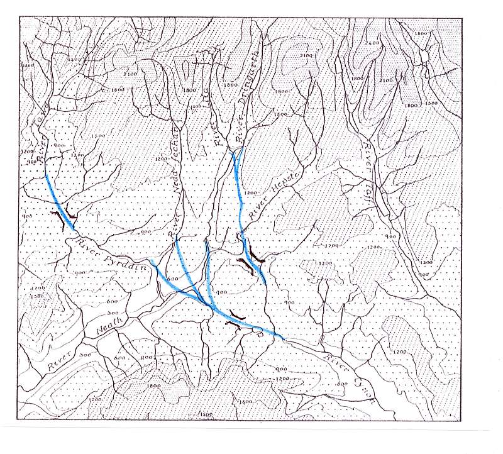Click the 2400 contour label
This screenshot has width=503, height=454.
[374, 42]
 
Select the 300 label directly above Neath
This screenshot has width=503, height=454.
[113, 313]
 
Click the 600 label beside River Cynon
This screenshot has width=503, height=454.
[341, 384]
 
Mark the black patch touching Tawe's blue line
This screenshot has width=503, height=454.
[61, 218]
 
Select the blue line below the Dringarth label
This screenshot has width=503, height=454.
[238, 189]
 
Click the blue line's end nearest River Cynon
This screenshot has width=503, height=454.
[282, 338]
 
